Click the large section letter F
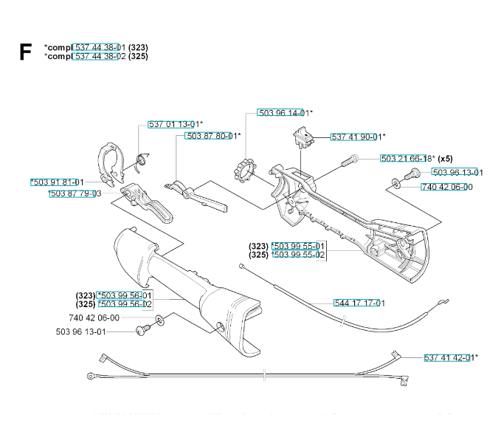(26, 51)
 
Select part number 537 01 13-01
(175, 124)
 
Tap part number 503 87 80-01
(213, 136)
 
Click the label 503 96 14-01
(284, 113)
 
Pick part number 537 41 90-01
(357, 137)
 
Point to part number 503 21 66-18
(407, 159)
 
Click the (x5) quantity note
(445, 159)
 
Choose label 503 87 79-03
(75, 193)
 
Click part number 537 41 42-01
(450, 357)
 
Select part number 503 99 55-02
(298, 255)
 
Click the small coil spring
(145, 157)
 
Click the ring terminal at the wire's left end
(90, 377)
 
